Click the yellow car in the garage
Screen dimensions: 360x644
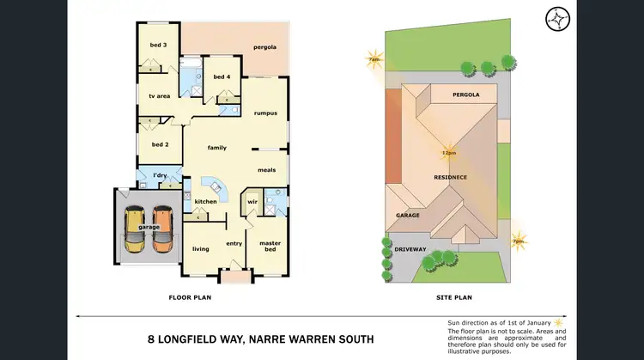pyautogui.click(x=134, y=230)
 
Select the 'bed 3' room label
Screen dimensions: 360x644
pyautogui.click(x=158, y=44)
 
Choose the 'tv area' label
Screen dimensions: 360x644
pyautogui.click(x=159, y=96)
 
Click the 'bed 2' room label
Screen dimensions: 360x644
pyautogui.click(x=159, y=143)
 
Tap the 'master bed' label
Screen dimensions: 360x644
pyautogui.click(x=270, y=246)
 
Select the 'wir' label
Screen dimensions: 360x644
pyautogui.click(x=252, y=202)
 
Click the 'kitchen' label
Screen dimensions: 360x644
pyautogui.click(x=205, y=201)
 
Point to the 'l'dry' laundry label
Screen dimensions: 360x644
pyautogui.click(x=159, y=176)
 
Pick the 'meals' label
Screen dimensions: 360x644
pyautogui.click(x=266, y=169)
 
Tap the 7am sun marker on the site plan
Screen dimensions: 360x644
pyautogui.click(x=374, y=59)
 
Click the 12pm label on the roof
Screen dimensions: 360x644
pyautogui.click(x=448, y=153)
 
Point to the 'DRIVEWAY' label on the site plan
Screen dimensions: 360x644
pyautogui.click(x=410, y=249)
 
